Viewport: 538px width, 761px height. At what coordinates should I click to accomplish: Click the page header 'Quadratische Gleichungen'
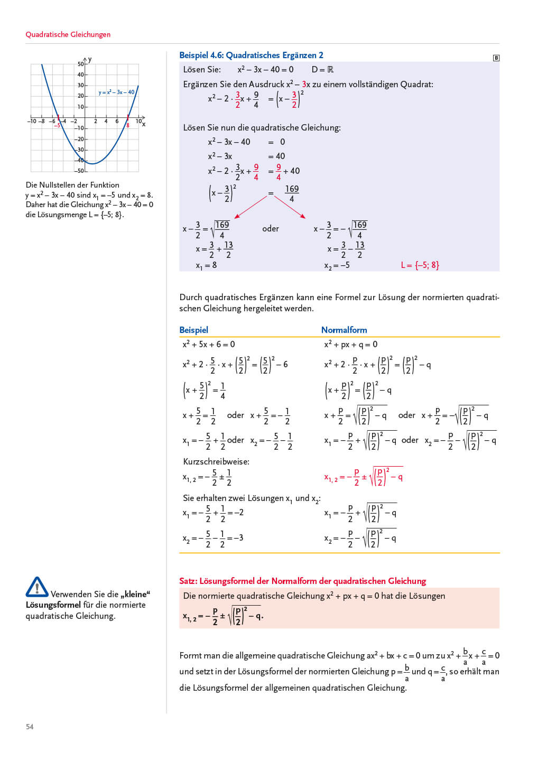point(68,34)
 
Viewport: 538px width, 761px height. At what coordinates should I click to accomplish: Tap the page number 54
point(30,727)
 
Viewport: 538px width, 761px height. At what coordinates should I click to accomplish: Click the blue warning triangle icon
point(36,587)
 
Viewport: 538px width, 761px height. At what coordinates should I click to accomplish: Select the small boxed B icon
point(496,58)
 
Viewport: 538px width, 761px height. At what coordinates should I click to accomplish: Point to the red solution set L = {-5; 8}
point(420,265)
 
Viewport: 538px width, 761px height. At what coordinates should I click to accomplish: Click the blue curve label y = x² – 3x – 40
point(116,92)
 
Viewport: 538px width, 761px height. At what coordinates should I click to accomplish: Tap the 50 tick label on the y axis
point(80,64)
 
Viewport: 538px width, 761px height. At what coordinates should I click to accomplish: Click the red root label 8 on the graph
point(128,125)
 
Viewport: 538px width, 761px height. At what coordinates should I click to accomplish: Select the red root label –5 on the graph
point(57,126)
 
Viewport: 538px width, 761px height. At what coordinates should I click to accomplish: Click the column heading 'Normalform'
point(344,330)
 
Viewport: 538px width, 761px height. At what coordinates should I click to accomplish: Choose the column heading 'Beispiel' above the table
point(193,330)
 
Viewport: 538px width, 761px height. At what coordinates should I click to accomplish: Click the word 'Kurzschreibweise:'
point(216,461)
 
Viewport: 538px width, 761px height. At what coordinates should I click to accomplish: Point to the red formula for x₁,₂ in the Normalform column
point(363,477)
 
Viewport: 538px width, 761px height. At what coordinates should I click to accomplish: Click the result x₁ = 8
point(206,265)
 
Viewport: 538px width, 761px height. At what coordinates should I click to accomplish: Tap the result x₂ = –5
point(337,265)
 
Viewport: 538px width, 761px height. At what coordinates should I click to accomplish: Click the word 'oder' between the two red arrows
point(270,228)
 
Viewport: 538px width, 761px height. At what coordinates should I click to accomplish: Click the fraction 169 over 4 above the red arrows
point(292,193)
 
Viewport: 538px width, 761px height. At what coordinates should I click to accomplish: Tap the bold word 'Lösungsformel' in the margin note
point(53,605)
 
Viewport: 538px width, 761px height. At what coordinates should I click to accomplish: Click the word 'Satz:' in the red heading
point(188,581)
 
